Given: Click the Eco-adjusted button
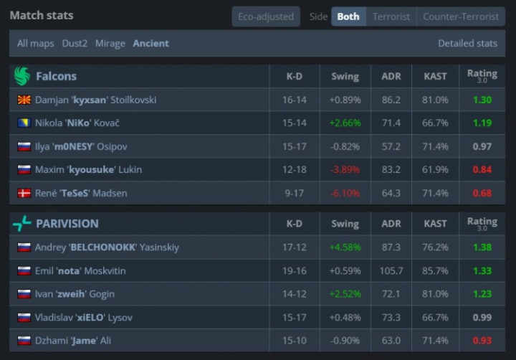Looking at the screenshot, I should click(266, 16).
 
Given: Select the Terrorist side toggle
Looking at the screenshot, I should click(391, 16).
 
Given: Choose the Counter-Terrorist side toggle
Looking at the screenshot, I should click(460, 16).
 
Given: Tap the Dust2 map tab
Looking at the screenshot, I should click(75, 44).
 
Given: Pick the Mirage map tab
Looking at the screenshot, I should click(110, 44).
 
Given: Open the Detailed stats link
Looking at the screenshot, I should click(467, 44).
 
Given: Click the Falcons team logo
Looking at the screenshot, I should click(21, 76).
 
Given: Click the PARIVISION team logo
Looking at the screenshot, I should click(21, 224).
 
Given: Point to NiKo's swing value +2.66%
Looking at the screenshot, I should click(345, 123).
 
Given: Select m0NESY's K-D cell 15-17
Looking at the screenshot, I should click(294, 146).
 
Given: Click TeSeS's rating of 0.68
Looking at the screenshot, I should click(482, 194).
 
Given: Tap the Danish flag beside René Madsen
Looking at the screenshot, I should click(24, 194).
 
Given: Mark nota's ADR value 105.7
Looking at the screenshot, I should click(391, 270).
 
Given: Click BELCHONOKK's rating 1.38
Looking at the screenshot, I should click(482, 247).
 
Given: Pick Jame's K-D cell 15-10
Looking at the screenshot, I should click(294, 341).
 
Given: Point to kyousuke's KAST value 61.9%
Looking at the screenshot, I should click(436, 170).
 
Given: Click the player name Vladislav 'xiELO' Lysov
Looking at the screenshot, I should click(83, 317).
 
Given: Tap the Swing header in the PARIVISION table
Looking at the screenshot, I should click(345, 224).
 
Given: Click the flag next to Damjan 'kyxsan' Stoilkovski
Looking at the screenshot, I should click(24, 100).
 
